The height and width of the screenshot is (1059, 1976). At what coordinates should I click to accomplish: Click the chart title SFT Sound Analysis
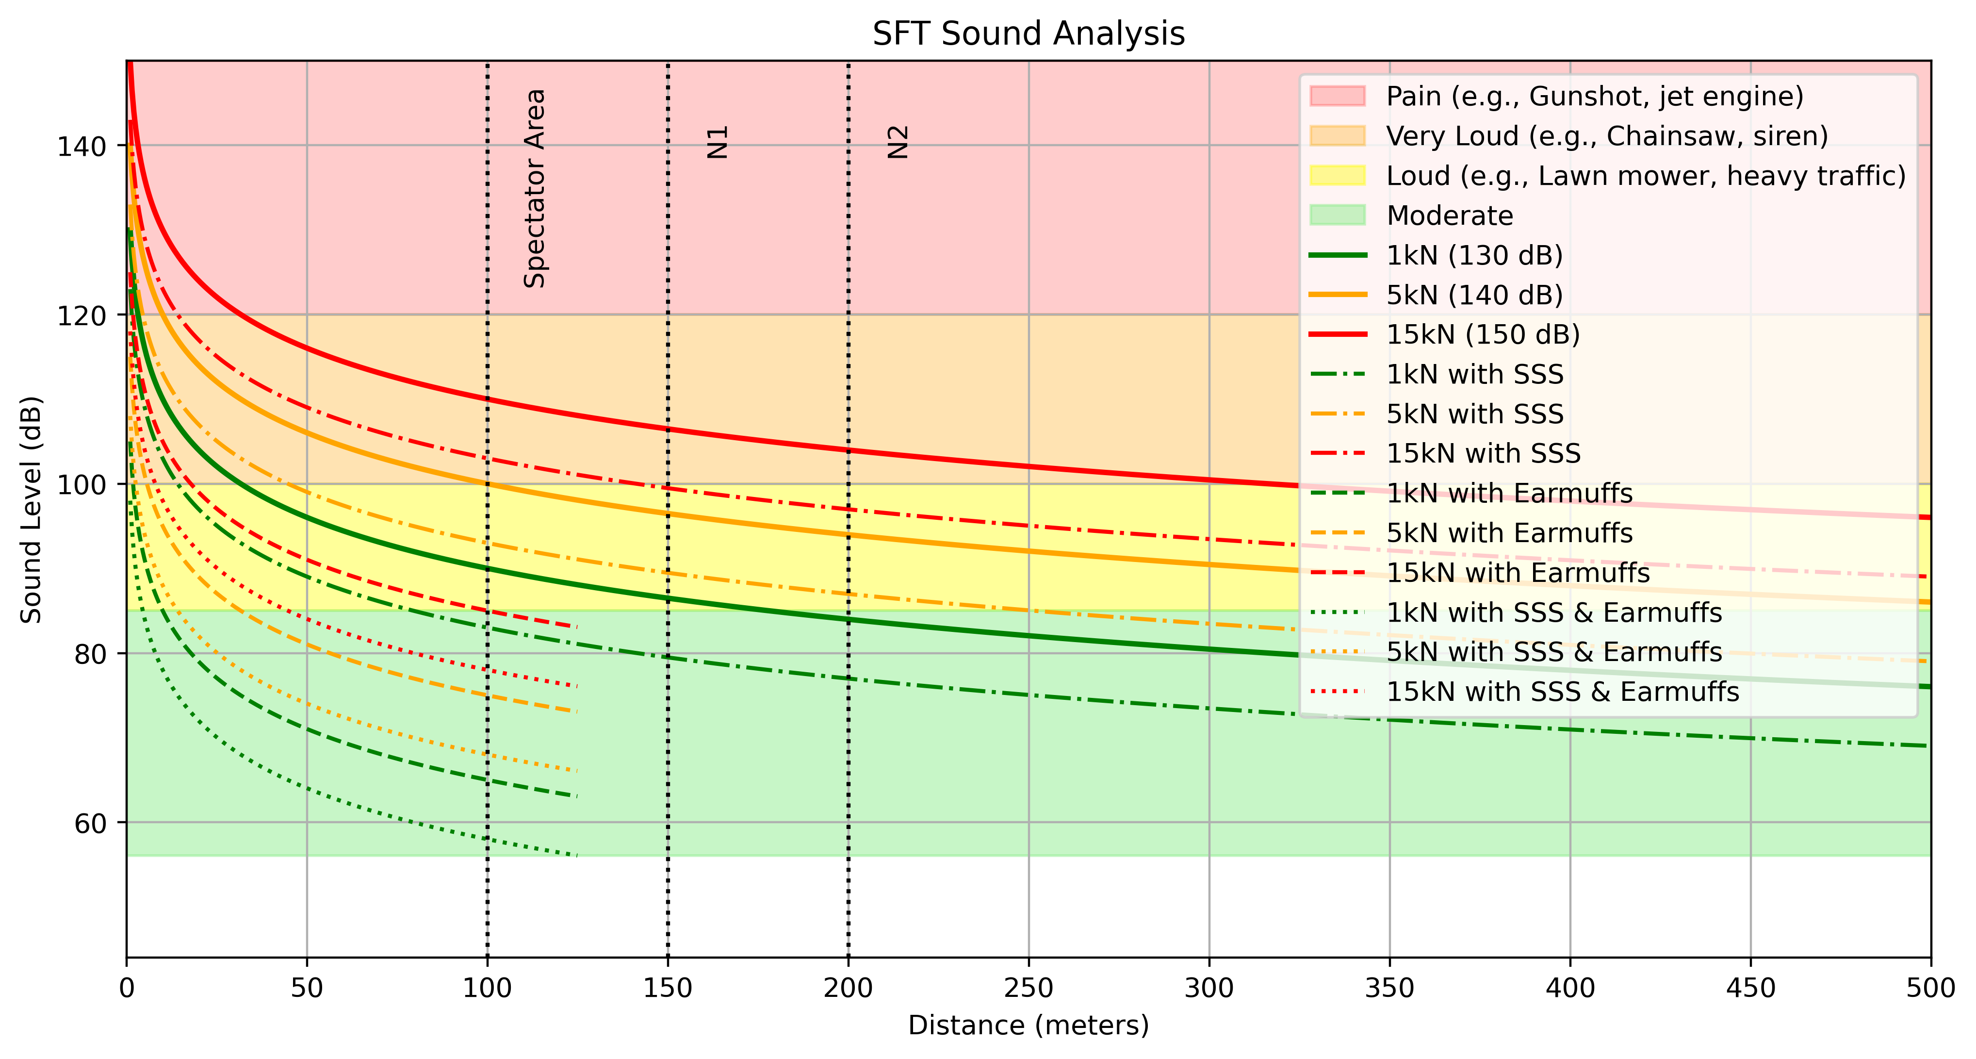(1028, 34)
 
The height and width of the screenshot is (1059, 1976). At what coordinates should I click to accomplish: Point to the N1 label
(717, 143)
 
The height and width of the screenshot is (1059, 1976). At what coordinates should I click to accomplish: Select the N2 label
(898, 143)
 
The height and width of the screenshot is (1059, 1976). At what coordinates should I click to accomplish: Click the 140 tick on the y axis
(81, 146)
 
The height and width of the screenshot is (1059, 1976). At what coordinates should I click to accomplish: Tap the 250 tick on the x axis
(1028, 988)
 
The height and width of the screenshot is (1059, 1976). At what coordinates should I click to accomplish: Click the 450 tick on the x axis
(1750, 988)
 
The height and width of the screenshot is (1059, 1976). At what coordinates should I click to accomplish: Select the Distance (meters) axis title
(1028, 1025)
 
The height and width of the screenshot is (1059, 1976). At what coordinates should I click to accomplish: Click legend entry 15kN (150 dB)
(1483, 334)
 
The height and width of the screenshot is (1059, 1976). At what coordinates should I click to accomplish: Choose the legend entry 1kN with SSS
(1474, 375)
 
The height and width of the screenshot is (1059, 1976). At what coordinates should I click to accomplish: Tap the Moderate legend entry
(1449, 215)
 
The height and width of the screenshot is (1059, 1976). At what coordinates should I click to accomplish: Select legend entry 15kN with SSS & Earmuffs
(1562, 692)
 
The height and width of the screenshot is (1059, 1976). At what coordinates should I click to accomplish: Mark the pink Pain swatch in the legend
(1337, 96)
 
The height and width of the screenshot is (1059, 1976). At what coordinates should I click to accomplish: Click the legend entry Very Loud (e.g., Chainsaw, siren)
(1606, 136)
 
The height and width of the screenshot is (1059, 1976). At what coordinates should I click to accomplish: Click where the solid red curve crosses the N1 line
(668, 429)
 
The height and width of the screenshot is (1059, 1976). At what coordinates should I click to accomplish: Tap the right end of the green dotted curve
(577, 855)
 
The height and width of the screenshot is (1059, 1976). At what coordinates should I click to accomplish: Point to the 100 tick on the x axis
(487, 988)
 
